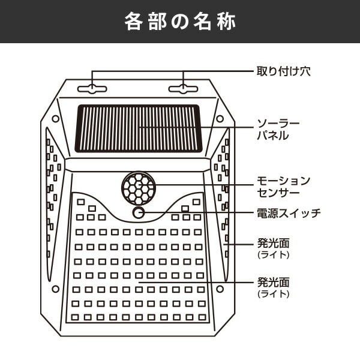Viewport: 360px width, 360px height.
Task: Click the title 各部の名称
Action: coord(180,22)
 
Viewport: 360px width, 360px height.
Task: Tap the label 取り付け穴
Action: coord(284,71)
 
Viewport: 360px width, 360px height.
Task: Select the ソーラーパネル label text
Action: coord(278,130)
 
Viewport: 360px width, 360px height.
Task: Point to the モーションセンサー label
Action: coord(284,187)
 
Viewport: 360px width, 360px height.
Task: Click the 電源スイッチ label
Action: coord(289,213)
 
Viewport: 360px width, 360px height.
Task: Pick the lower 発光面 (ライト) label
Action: coord(273,287)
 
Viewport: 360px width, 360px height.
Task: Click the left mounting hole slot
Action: coord(92,89)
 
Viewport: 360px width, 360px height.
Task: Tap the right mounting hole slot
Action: coord(183,89)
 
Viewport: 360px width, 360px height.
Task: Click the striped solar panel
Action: coord(139,128)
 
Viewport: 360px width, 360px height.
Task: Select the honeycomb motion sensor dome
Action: coord(139,188)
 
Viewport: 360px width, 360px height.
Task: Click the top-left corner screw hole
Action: coord(56,119)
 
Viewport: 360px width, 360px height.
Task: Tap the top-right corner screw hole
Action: coord(220,119)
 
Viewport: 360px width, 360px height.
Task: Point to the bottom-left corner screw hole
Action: coord(56,289)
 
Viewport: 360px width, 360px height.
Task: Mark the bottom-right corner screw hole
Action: coord(220,289)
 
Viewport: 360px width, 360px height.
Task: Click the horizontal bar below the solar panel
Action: coord(138,164)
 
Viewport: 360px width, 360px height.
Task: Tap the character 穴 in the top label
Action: coord(305,71)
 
